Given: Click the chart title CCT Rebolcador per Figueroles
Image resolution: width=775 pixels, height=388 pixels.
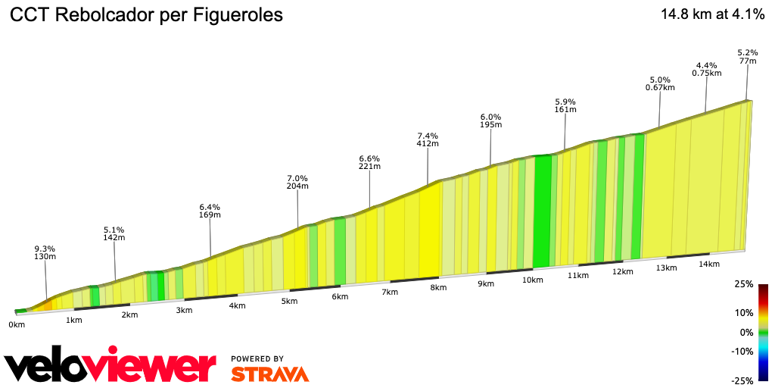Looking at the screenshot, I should [x=147, y=15].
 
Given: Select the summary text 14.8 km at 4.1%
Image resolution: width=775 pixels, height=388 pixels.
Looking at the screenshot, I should [x=712, y=14].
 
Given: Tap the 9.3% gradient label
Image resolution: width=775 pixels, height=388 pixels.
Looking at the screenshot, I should [x=45, y=249].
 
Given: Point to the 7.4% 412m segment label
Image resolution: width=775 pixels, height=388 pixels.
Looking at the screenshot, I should [x=428, y=139].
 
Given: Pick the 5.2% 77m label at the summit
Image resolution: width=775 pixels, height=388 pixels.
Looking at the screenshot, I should [x=748, y=57].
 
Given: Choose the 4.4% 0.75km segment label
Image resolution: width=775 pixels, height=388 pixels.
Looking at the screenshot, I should [x=706, y=69].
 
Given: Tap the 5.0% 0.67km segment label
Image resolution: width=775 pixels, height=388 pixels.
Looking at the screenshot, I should [x=660, y=83].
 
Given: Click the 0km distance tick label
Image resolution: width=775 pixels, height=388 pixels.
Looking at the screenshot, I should [x=17, y=324].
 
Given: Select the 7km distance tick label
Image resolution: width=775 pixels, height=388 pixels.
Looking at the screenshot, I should [x=390, y=292].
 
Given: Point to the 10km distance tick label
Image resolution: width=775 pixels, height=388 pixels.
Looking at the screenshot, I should [x=533, y=280].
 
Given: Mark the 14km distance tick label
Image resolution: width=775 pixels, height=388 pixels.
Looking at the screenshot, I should [x=709, y=264].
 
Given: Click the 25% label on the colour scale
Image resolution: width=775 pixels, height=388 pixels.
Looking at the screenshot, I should [x=745, y=284].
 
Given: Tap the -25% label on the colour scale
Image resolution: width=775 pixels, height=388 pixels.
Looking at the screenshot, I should [x=743, y=380].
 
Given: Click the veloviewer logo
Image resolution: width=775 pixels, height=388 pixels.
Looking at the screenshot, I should [x=110, y=366].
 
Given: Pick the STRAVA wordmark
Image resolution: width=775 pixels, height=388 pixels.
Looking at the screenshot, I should [x=269, y=374].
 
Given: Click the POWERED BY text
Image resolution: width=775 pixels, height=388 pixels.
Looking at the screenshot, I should [x=257, y=358].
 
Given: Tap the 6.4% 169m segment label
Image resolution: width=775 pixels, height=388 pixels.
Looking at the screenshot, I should [x=210, y=211].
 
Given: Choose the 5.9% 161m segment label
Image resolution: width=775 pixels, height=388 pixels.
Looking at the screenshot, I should [x=565, y=105].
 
